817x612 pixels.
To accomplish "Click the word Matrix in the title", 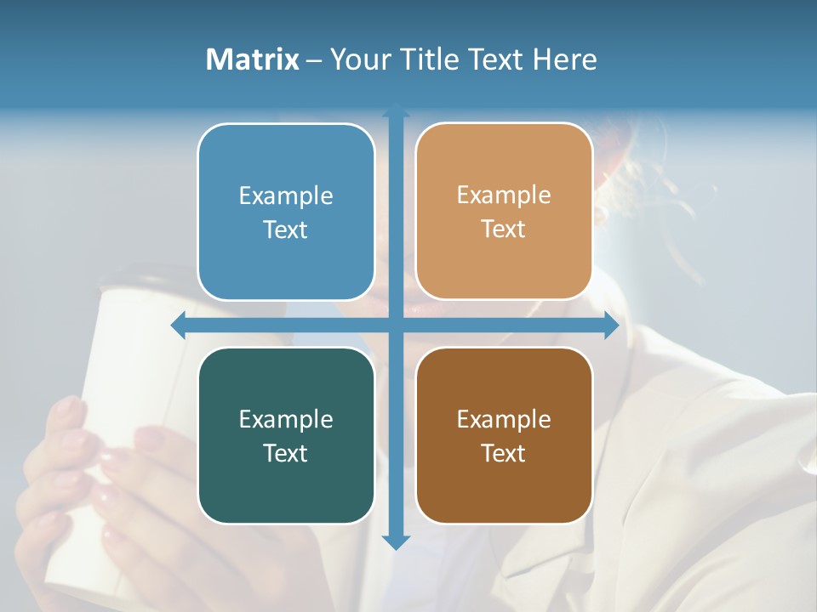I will pos(253,59).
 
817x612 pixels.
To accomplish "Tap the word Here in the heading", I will pos(564,59).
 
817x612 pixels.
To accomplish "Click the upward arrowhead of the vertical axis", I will pos(396,111).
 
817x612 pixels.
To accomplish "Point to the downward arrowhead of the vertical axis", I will pos(396,541).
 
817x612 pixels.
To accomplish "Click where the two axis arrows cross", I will pos(396,326).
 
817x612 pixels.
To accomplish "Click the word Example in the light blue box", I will pos(286,196).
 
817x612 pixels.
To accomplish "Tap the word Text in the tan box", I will pos(503,229).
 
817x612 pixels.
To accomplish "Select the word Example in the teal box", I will pos(286,420).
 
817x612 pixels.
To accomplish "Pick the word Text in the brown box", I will pos(503,453).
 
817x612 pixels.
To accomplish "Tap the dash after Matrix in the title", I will pos(314,60).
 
